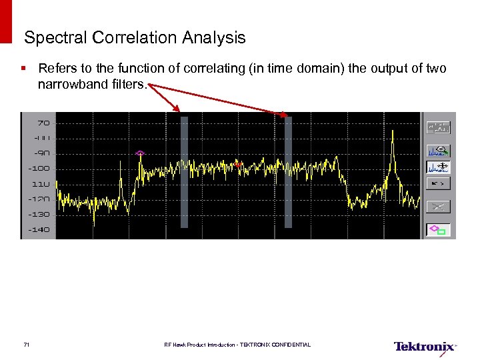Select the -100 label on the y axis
pyautogui.click(x=39, y=168)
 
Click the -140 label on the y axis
pyautogui.click(x=39, y=229)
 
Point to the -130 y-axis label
pyautogui.click(x=39, y=214)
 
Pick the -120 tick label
pyautogui.click(x=39, y=199)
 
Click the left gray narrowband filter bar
pyautogui.click(x=185, y=172)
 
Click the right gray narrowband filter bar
pyautogui.click(x=289, y=172)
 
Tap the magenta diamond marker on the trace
pyautogui.click(x=140, y=153)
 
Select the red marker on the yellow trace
pyautogui.click(x=237, y=163)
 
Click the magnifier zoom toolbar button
pyautogui.click(x=439, y=150)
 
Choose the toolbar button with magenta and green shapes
pyautogui.click(x=439, y=230)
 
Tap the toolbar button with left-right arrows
pyautogui.click(x=439, y=182)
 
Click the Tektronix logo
pyautogui.click(x=425, y=346)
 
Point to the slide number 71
pyautogui.click(x=26, y=345)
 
